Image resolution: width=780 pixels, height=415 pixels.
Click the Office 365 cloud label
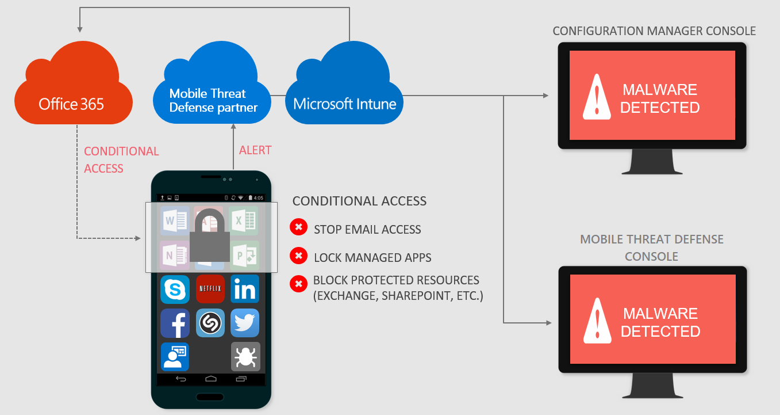point(71,104)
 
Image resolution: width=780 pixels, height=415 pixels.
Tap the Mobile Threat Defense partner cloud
point(213,100)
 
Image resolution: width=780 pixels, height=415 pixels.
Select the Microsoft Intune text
point(344,104)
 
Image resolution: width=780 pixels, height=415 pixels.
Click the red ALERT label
point(255,150)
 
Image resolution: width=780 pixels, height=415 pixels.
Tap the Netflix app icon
point(210,289)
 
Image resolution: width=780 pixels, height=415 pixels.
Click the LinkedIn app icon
point(245,289)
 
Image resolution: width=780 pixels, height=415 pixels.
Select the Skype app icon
point(175,289)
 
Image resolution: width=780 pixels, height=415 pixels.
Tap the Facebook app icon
point(175,323)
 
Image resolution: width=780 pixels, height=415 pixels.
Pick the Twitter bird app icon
point(245,323)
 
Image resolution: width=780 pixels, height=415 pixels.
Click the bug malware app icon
point(245,357)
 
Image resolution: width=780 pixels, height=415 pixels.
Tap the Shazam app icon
point(210,323)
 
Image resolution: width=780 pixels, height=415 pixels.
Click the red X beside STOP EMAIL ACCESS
point(298,227)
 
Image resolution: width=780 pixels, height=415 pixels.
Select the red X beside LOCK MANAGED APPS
point(298,256)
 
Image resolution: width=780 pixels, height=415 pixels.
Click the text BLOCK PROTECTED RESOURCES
point(396,280)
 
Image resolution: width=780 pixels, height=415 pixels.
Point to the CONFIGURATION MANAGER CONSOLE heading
point(654,31)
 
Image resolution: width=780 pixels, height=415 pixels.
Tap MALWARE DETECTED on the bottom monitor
point(660,322)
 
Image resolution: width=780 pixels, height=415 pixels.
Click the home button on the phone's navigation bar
point(210,379)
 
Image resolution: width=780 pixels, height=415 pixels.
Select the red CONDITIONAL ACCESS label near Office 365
point(121,159)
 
